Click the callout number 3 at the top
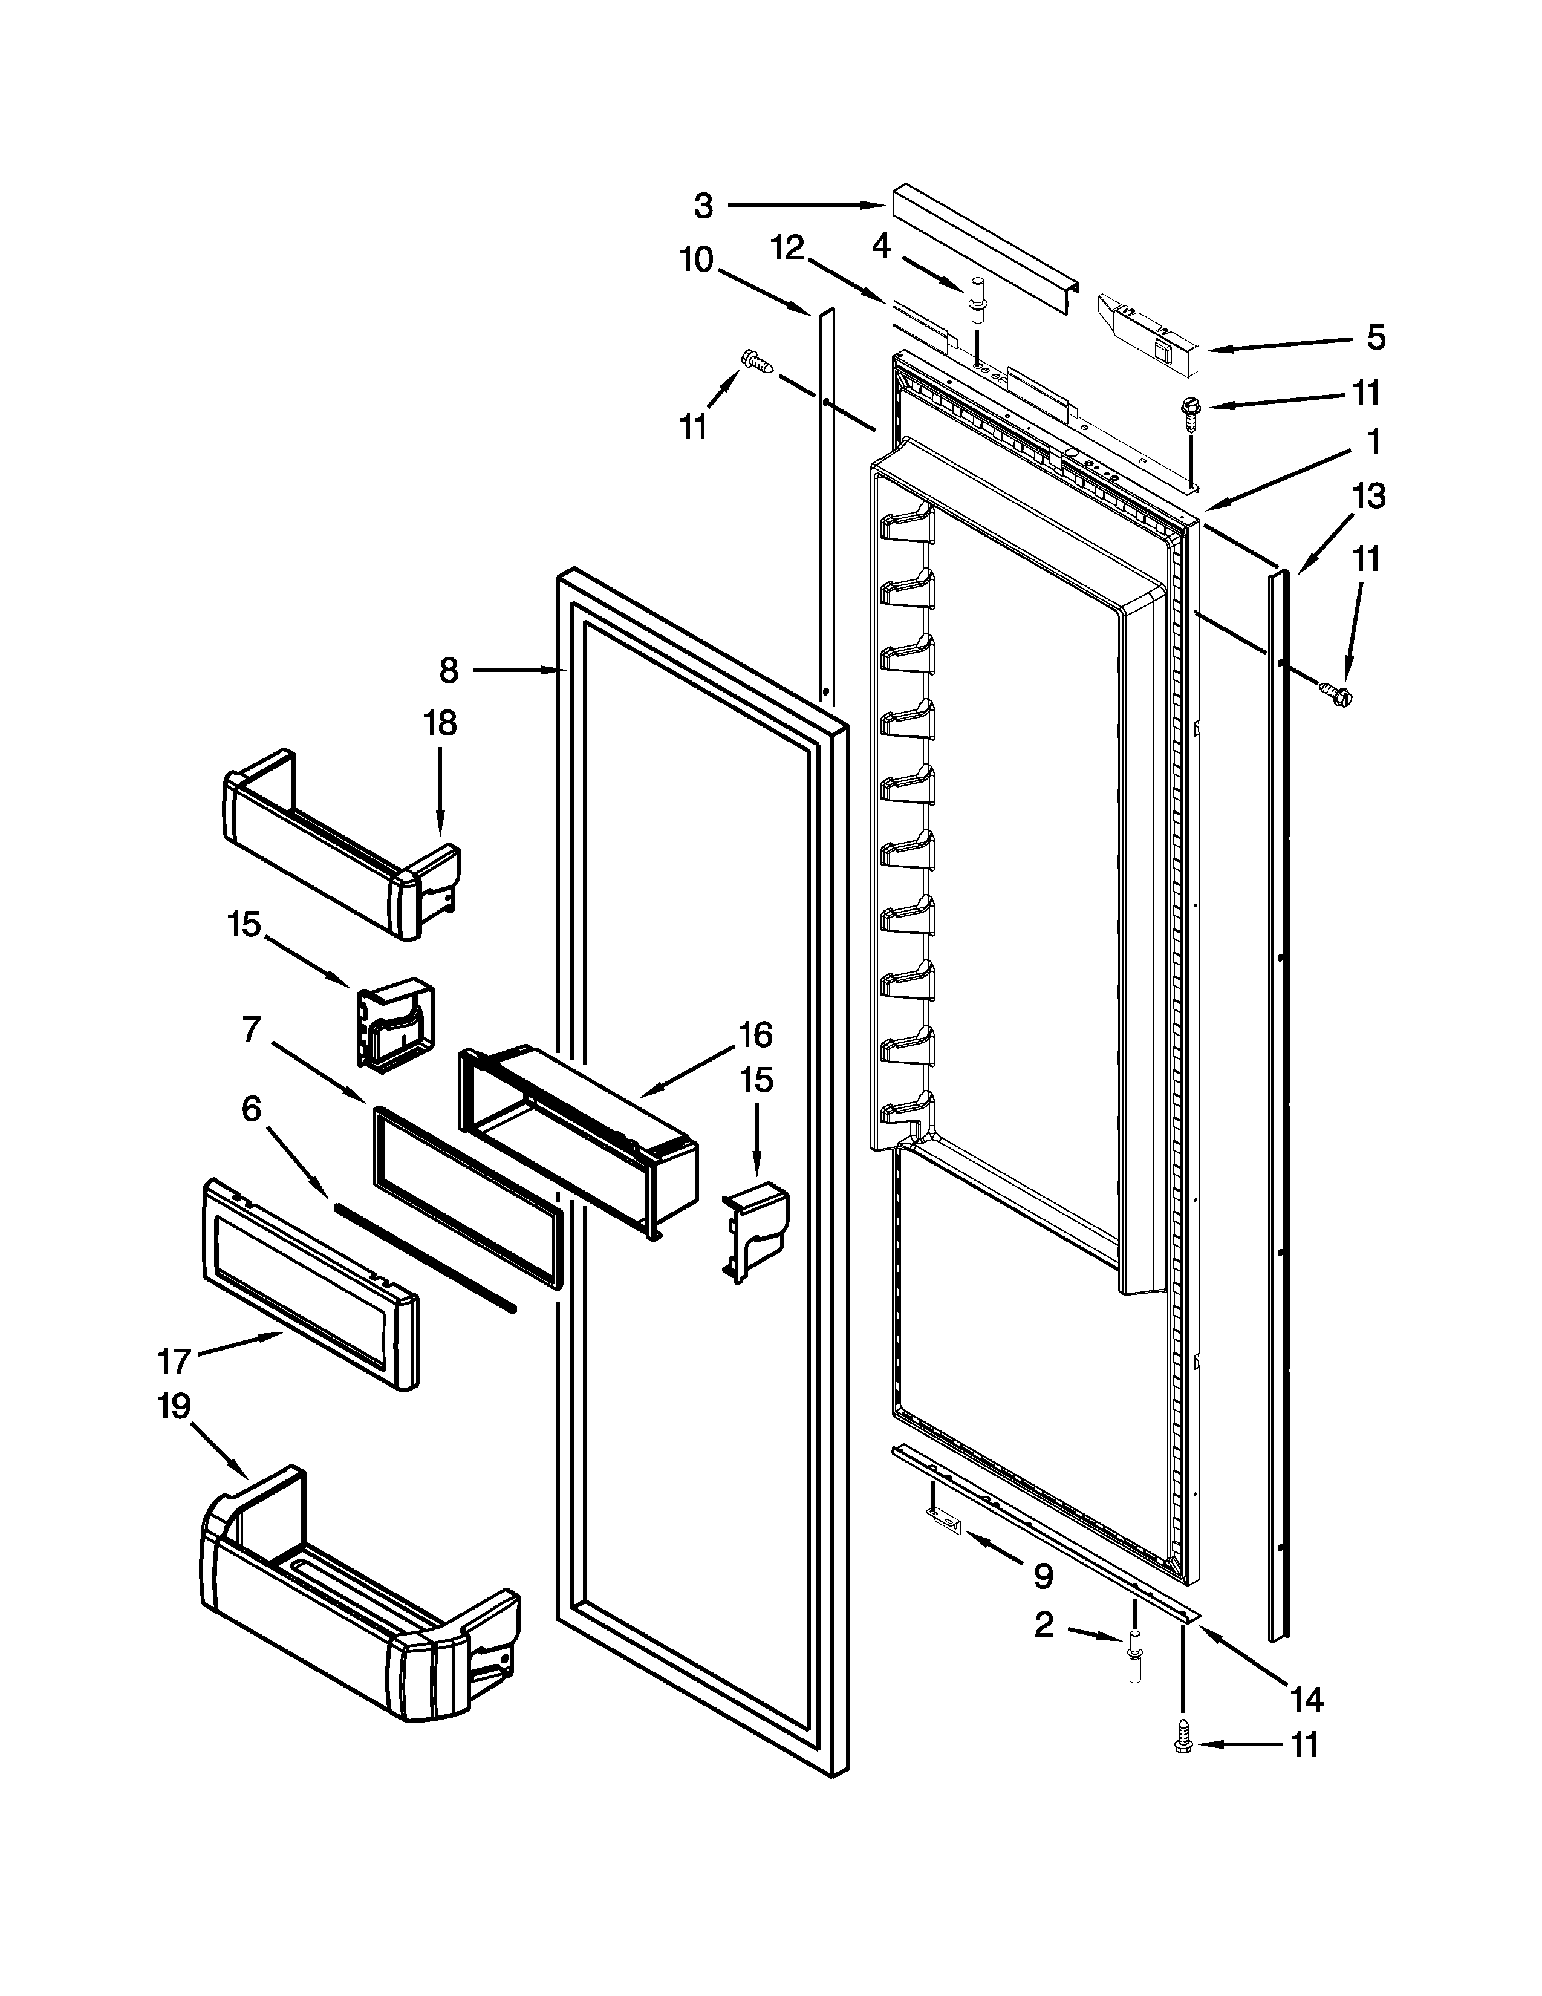pos(703,206)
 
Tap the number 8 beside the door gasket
pos(449,671)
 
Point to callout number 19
pos(173,1406)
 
